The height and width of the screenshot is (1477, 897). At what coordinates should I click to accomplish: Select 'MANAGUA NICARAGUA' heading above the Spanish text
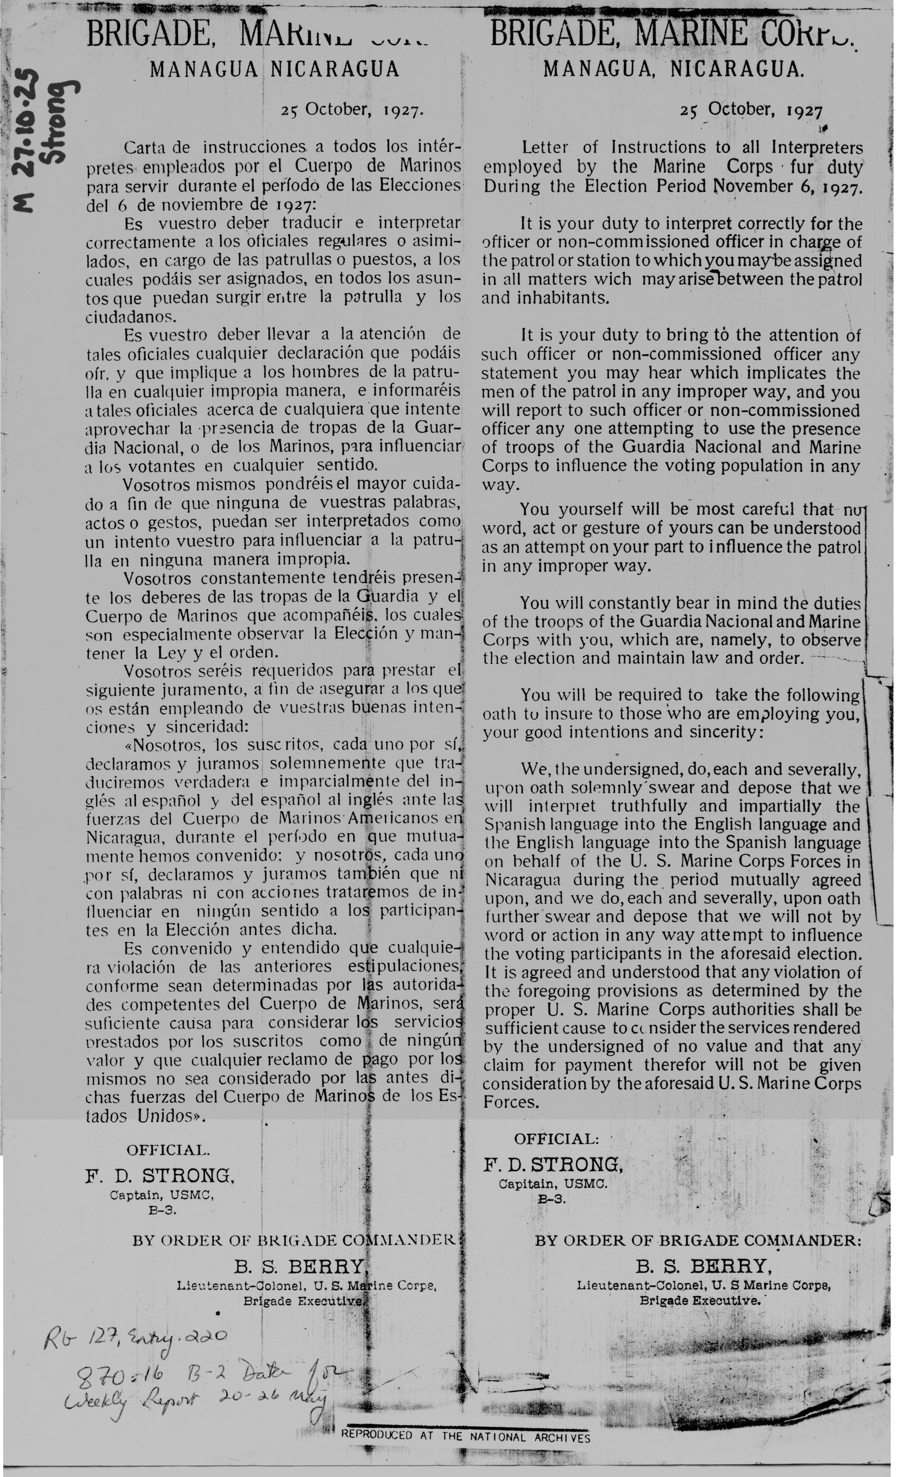[274, 70]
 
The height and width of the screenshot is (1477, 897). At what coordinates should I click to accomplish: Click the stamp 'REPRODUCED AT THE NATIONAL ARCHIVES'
[465, 1437]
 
